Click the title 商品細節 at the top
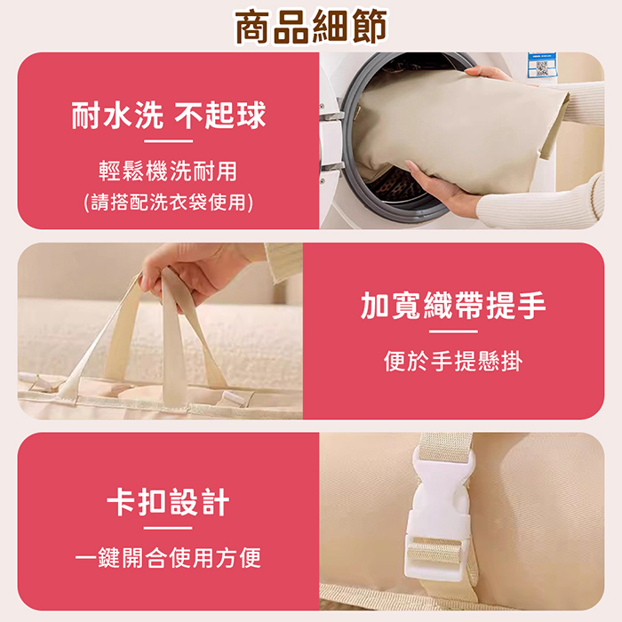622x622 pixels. click(x=311, y=27)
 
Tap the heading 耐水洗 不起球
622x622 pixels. click(x=169, y=116)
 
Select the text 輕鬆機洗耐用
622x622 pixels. click(x=168, y=171)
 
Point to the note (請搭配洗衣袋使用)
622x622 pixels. click(x=168, y=203)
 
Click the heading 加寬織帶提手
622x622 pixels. click(x=453, y=305)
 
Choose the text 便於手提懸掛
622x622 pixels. click(x=453, y=361)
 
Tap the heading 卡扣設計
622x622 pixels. click(x=168, y=502)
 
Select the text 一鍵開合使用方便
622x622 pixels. click(x=168, y=558)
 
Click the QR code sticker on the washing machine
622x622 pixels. click(x=542, y=66)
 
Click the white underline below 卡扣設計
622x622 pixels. click(x=168, y=528)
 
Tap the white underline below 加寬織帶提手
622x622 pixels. click(x=453, y=331)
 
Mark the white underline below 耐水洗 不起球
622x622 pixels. click(x=168, y=140)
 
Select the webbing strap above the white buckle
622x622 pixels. click(x=446, y=446)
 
